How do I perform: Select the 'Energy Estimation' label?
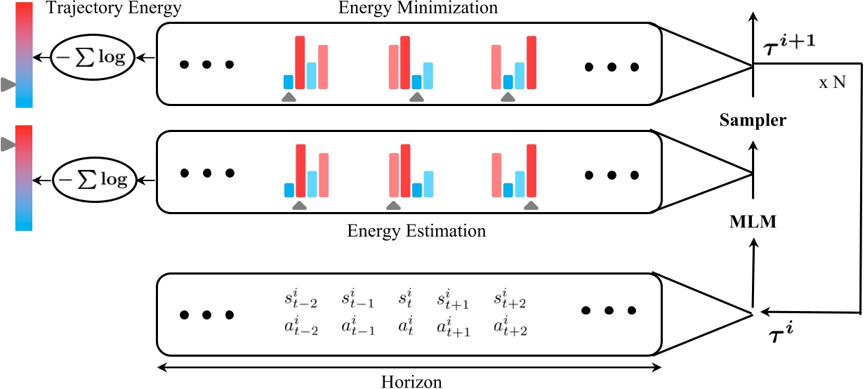pyautogui.click(x=417, y=230)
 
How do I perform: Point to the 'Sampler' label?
pyautogui.click(x=752, y=121)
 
